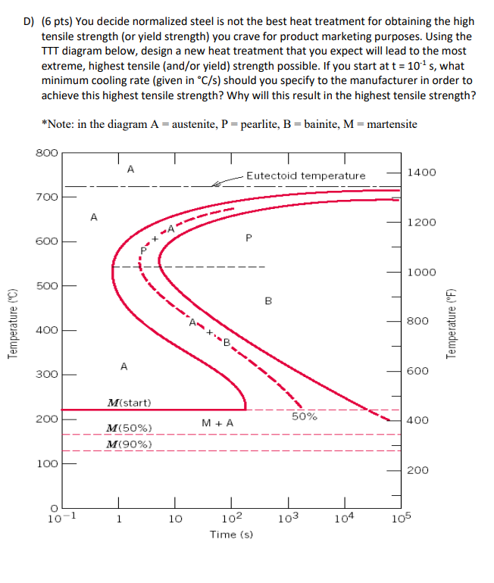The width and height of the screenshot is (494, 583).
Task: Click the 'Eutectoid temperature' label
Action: (x=305, y=176)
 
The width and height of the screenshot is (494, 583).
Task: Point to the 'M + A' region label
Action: (x=217, y=422)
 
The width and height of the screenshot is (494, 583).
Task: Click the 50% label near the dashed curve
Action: (x=305, y=416)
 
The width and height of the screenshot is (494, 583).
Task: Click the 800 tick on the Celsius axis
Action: (x=47, y=152)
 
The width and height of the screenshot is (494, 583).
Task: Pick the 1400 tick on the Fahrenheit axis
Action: (x=422, y=173)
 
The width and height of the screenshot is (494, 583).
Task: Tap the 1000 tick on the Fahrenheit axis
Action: (x=422, y=272)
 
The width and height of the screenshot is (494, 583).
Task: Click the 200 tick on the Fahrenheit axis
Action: (x=418, y=470)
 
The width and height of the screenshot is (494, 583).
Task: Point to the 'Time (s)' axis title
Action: (x=231, y=535)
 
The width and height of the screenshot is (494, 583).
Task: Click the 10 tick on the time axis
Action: (x=175, y=519)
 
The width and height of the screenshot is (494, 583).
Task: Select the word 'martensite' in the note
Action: (x=391, y=123)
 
